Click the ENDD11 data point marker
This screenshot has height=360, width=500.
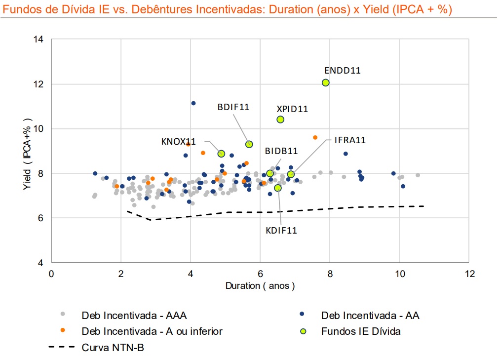[326, 82]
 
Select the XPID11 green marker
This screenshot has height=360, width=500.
[280, 120]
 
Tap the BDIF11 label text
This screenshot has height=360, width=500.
[233, 107]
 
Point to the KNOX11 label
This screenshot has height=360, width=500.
[178, 142]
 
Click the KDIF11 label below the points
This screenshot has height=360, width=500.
[281, 230]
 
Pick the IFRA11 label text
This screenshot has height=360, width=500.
[350, 140]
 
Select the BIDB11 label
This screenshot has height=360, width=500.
[281, 151]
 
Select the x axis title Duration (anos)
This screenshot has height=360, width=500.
[260, 286]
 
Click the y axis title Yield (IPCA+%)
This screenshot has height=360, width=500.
[28, 151]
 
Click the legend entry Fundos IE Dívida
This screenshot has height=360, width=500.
[360, 331]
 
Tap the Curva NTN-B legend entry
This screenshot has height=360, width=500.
[113, 348]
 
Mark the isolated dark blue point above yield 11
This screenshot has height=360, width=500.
[193, 103]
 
